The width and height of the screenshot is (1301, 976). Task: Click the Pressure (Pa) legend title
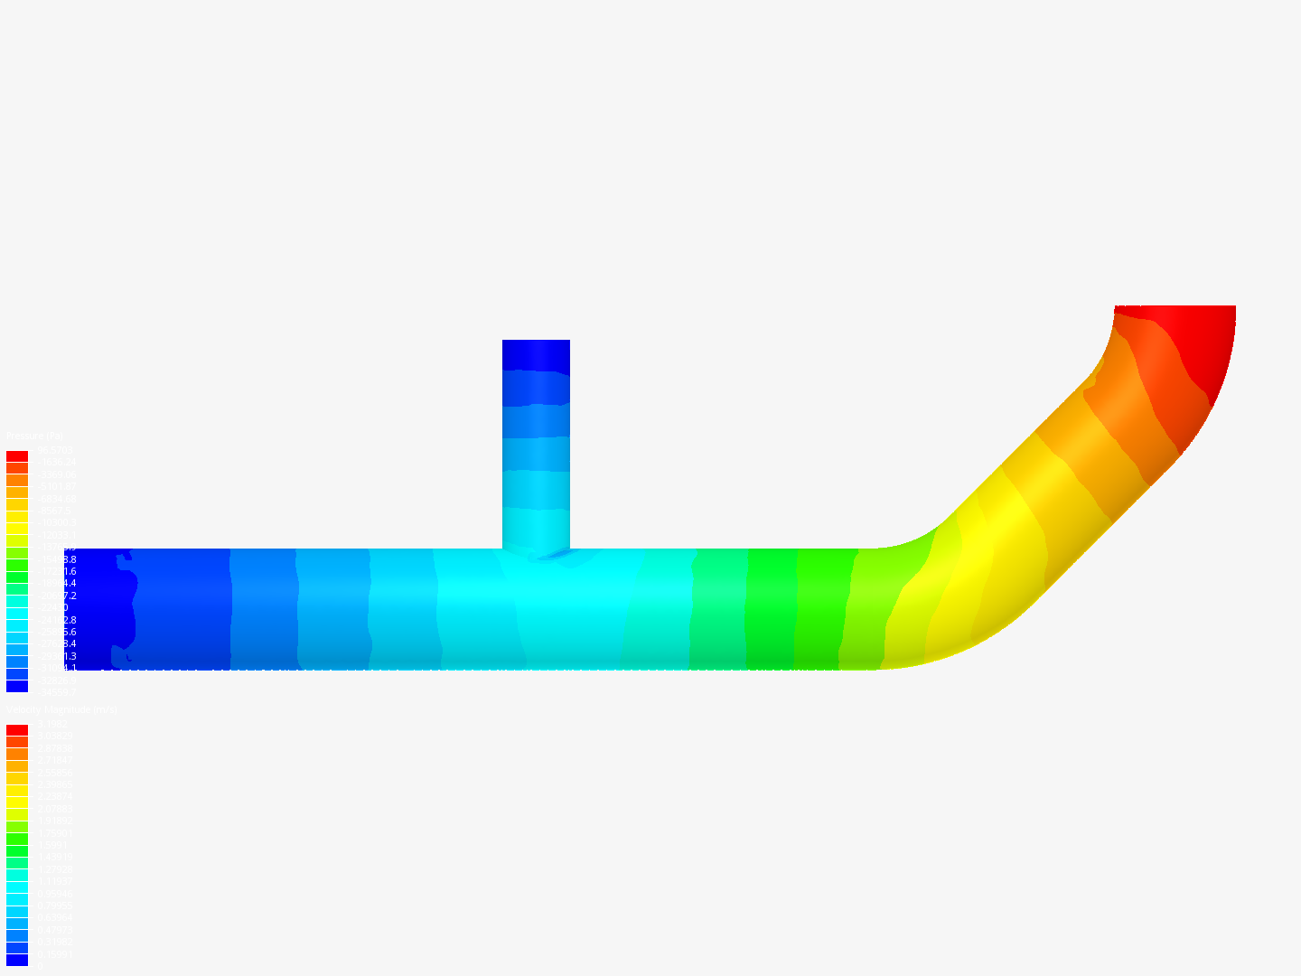pos(35,436)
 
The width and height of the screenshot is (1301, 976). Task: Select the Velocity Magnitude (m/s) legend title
pos(61,710)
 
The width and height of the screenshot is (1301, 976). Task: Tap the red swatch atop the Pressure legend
pos(17,456)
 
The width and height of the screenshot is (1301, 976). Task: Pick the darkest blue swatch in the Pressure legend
pos(17,687)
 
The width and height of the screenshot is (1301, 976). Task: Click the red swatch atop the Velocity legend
pos(17,730)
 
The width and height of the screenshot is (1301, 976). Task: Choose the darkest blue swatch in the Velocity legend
pos(17,960)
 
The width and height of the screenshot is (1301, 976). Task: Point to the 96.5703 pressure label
pos(54,450)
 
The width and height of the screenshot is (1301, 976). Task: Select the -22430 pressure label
pos(54,608)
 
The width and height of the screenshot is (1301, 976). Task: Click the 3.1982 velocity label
pos(52,724)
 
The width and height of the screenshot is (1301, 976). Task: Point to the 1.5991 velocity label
pos(52,845)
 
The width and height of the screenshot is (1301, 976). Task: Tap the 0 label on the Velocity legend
pos(38,966)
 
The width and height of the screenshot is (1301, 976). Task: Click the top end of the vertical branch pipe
pos(536,348)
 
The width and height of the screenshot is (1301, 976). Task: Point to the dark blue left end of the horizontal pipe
pos(99,609)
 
